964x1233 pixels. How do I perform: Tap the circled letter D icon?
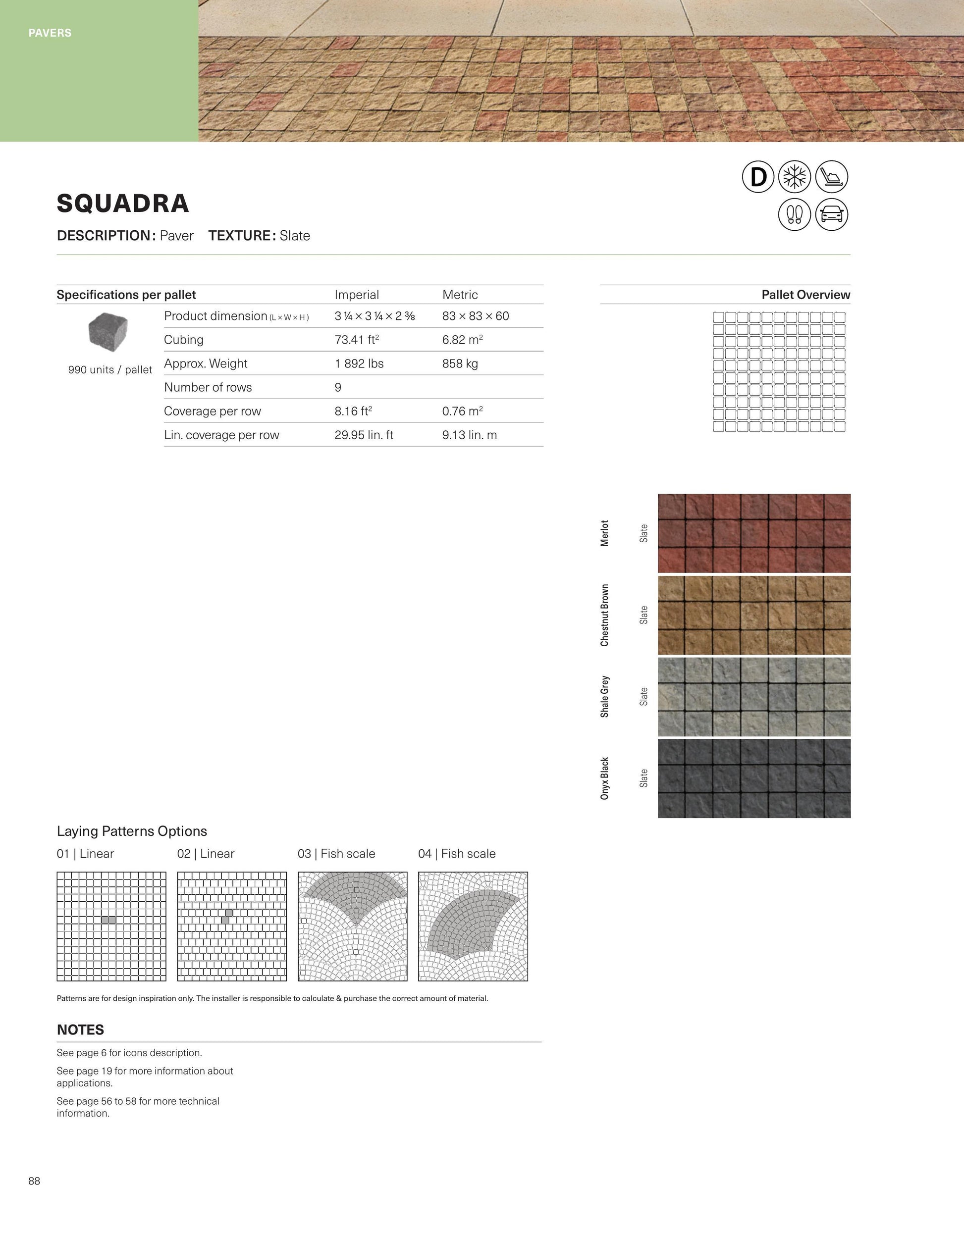pyautogui.click(x=758, y=177)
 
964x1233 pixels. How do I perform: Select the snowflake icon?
pyautogui.click(x=794, y=177)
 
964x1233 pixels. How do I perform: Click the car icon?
pyautogui.click(x=831, y=214)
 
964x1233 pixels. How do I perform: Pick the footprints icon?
pyautogui.click(x=794, y=214)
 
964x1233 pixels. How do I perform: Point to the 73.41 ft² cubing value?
pyautogui.click(x=356, y=339)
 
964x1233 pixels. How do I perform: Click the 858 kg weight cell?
pyautogui.click(x=460, y=363)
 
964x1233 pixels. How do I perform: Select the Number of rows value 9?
pyautogui.click(x=338, y=387)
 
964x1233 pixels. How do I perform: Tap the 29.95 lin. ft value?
pyautogui.click(x=364, y=435)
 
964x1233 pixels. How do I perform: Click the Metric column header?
pyautogui.click(x=460, y=295)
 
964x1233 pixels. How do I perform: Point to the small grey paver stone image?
pyautogui.click(x=108, y=331)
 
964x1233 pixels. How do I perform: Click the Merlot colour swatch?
pyautogui.click(x=754, y=533)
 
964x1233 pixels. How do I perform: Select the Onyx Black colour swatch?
pyautogui.click(x=754, y=778)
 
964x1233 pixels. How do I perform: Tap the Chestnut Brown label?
pyautogui.click(x=605, y=615)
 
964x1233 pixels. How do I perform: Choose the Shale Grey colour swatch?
pyautogui.click(x=754, y=697)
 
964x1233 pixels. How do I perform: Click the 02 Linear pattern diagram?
pyautogui.click(x=231, y=926)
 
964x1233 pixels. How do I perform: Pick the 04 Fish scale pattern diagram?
pyautogui.click(x=473, y=926)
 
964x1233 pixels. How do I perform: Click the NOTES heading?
pyautogui.click(x=80, y=1030)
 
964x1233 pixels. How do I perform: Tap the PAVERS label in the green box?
pyautogui.click(x=50, y=33)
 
